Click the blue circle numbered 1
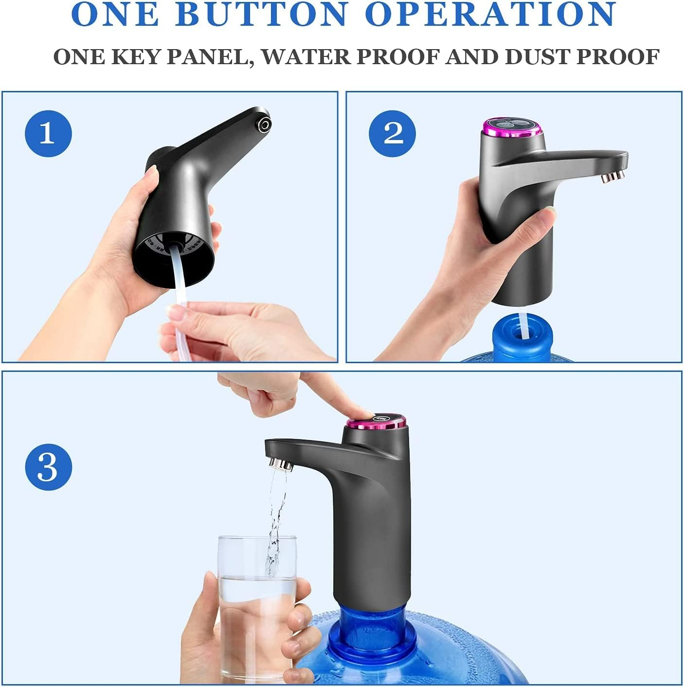(x=48, y=133)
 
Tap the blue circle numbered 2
(x=393, y=133)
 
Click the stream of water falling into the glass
(x=274, y=525)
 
